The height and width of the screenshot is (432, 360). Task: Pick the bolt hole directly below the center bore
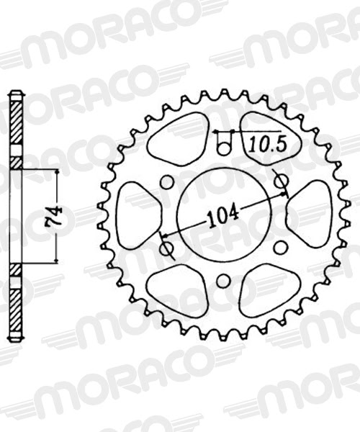(223, 279)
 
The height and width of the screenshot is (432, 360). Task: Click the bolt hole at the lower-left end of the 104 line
(167, 248)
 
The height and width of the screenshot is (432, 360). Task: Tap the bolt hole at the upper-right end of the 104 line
(281, 179)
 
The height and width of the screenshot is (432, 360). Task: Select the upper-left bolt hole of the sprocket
(167, 182)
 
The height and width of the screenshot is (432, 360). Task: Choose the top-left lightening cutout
(179, 138)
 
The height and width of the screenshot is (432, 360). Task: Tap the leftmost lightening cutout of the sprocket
(136, 215)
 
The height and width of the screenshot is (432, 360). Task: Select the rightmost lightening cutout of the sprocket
(310, 214)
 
